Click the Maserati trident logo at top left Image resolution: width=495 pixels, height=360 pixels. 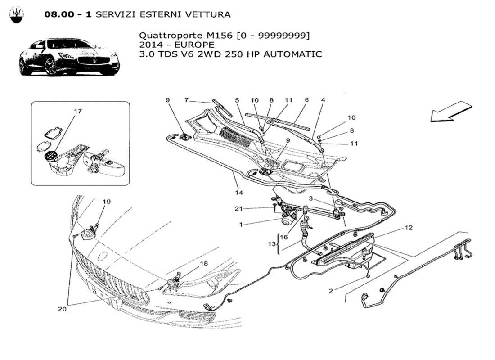pos(17,15)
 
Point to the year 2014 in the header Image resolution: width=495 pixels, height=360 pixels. pos(150,45)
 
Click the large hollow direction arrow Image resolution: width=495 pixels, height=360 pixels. pos(450,111)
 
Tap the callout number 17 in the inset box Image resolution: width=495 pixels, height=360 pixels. pos(77,111)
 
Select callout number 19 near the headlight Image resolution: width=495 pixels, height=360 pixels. pos(106,202)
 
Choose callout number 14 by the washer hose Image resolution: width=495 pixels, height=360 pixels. pos(238,193)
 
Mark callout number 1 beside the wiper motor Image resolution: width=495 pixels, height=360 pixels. pos(241,224)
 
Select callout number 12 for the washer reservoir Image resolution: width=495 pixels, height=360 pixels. pos(408,228)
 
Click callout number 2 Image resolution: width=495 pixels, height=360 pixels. pos(331,291)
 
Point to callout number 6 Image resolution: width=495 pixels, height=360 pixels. pos(306,99)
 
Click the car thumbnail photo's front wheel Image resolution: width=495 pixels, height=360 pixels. pos(51,67)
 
